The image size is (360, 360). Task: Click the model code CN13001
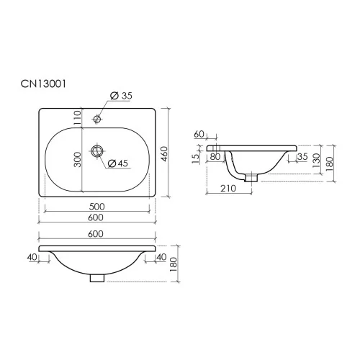click(43, 84)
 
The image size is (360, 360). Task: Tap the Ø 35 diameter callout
click(121, 96)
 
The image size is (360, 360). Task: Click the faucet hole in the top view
click(97, 119)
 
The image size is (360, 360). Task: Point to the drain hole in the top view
click(97, 150)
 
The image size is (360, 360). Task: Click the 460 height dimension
click(164, 154)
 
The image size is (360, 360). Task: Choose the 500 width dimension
click(97, 207)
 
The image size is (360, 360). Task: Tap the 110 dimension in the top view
click(77, 117)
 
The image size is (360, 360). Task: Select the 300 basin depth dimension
click(77, 159)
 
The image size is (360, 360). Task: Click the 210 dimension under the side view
click(228, 189)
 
